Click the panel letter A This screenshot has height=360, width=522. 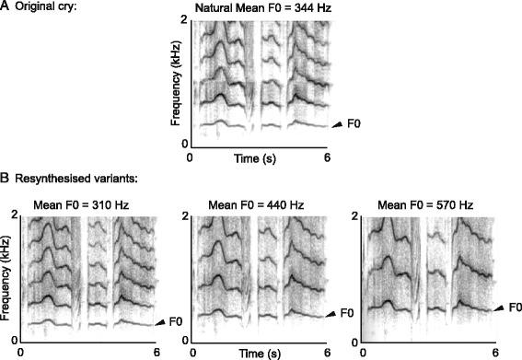[6, 8]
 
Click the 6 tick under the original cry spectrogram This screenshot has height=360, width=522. [325, 157]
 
